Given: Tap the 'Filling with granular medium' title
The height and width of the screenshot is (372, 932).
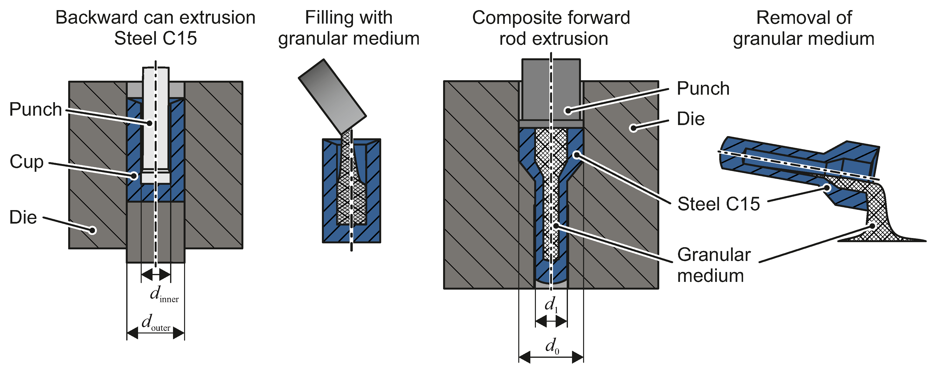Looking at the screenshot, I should (348, 28).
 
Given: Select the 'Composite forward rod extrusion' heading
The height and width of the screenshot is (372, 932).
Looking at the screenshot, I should (551, 28).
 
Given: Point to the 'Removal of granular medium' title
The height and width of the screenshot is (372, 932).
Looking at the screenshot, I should (804, 28).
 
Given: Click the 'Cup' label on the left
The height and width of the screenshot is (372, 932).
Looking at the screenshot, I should (27, 162).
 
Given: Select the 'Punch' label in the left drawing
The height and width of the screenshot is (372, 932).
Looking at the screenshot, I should (35, 109).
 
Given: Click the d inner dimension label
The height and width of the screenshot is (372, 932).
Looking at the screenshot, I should (164, 294).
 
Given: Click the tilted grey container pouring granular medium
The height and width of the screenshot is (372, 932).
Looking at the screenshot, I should (332, 96).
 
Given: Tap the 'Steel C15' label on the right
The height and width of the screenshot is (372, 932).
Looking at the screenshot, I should (718, 204).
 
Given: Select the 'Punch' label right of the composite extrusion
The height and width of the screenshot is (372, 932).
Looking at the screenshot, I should (703, 89).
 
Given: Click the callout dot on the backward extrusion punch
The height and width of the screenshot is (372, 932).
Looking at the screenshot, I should (149, 123).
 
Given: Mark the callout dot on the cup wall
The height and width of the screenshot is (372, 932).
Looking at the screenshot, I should (134, 176).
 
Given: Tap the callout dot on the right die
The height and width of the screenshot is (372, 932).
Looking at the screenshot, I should (633, 128).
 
